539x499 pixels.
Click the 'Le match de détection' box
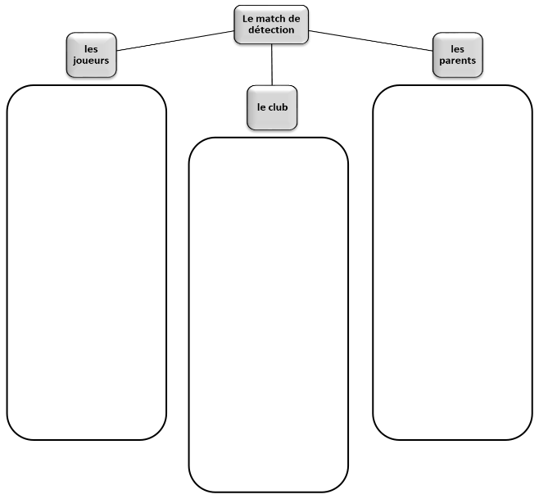click(271, 24)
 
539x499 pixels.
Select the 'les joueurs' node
click(90, 55)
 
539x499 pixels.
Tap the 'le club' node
click(272, 107)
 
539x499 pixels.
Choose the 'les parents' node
click(456, 55)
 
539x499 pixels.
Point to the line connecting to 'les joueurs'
click(174, 41)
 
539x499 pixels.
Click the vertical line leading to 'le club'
click(271, 65)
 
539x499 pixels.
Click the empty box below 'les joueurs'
click(86, 262)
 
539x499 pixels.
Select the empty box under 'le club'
click(269, 315)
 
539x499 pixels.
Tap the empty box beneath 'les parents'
click(452, 262)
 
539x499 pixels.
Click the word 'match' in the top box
click(273, 18)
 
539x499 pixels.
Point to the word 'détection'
click(271, 29)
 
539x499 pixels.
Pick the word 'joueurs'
click(90, 61)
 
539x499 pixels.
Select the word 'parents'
click(456, 61)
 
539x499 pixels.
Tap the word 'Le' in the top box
click(248, 18)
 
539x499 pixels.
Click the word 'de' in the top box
click(295, 18)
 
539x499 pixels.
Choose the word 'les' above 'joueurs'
click(90, 49)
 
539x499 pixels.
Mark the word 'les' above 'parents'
click(456, 49)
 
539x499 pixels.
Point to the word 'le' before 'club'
click(260, 107)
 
